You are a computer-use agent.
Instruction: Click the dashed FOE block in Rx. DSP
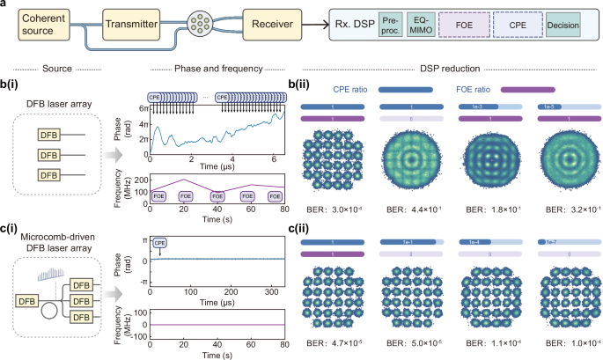[472, 23]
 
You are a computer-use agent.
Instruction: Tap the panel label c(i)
[13, 231]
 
